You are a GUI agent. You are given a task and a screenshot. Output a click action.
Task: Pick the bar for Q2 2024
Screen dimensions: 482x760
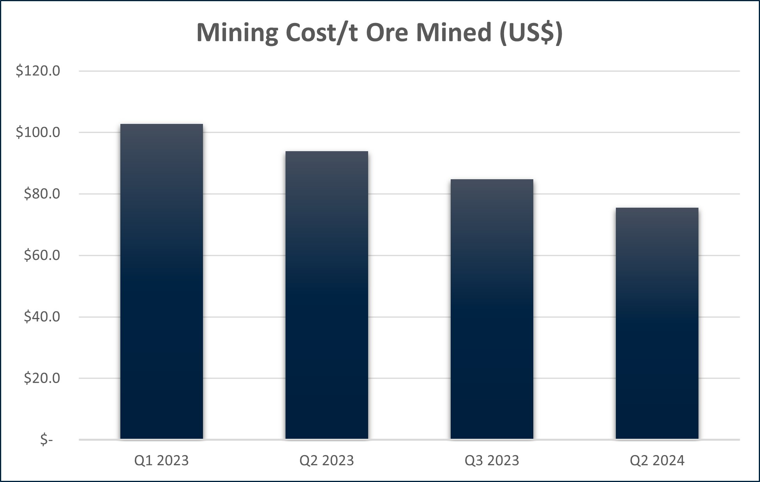click(x=657, y=323)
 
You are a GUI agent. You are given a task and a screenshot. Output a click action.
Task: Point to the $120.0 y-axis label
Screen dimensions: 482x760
click(x=38, y=71)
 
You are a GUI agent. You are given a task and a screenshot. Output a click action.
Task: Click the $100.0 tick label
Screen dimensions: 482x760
click(x=38, y=132)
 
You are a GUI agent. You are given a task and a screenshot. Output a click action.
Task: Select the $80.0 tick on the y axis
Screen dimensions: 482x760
click(x=42, y=194)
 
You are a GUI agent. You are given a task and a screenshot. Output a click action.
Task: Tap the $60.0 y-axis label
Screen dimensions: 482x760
click(x=42, y=255)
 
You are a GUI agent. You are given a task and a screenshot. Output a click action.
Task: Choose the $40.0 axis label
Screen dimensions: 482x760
click(x=42, y=317)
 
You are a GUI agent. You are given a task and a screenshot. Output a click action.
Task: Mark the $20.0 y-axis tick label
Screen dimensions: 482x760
click(x=42, y=378)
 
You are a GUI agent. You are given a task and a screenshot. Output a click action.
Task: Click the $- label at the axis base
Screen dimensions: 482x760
click(x=46, y=440)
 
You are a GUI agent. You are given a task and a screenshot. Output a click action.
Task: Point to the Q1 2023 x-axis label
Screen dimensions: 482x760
click(x=161, y=461)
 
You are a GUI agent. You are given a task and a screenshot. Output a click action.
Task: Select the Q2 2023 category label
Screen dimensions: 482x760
click(x=326, y=461)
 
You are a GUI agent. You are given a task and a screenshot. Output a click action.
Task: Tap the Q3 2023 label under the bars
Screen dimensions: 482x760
click(x=492, y=461)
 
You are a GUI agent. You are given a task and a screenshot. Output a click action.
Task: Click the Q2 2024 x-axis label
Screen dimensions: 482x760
click(x=657, y=461)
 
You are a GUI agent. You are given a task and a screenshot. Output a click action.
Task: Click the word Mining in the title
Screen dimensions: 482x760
click(x=237, y=33)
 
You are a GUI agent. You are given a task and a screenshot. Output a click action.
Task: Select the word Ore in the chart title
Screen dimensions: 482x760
click(x=387, y=33)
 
